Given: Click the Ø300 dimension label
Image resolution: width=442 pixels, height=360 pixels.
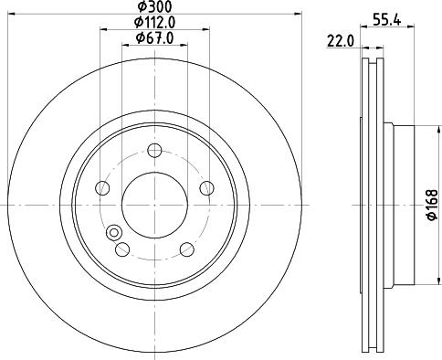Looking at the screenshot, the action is click(x=154, y=6).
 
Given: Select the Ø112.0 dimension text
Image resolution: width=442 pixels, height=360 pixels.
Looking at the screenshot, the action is click(x=154, y=22).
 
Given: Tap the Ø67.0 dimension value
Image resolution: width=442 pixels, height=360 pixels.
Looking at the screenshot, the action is click(x=154, y=38).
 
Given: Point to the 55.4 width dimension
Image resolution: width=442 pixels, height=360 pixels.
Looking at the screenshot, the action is click(x=387, y=21).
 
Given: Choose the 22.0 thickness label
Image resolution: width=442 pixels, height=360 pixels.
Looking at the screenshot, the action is click(x=341, y=41).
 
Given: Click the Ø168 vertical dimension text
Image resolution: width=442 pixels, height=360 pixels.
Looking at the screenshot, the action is click(x=432, y=205).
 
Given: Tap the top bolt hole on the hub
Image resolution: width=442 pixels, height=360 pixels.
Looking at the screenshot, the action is click(x=154, y=151).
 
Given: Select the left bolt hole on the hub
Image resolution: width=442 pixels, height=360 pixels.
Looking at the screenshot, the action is click(x=102, y=188).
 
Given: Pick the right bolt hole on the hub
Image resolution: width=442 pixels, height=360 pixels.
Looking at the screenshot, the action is click(x=206, y=188).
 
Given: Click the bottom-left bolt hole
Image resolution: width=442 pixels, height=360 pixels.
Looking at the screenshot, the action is click(x=122, y=249).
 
